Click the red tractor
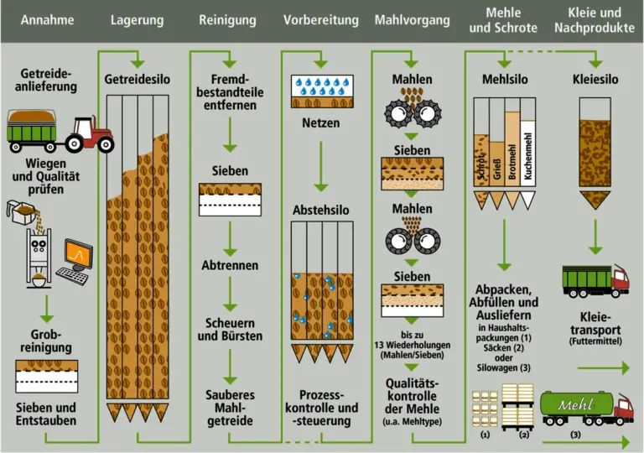[89, 134]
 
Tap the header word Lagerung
[138, 20]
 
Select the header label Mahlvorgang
[412, 20]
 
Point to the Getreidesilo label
[138, 79]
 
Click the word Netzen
[320, 123]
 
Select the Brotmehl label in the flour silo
[511, 159]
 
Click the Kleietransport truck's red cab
[620, 281]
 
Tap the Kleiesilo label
[595, 79]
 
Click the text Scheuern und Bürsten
[230, 330]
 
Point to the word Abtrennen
[230, 265]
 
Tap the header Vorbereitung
[320, 20]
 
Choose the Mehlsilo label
[504, 79]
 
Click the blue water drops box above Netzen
[320, 86]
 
